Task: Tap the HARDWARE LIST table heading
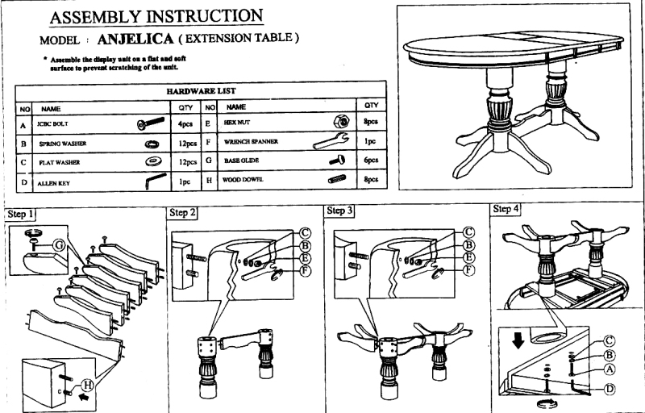202,91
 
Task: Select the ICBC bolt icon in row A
150,125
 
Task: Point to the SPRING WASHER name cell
64,144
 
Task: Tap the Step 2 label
181,212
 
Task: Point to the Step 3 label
340,211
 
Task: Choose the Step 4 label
506,209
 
